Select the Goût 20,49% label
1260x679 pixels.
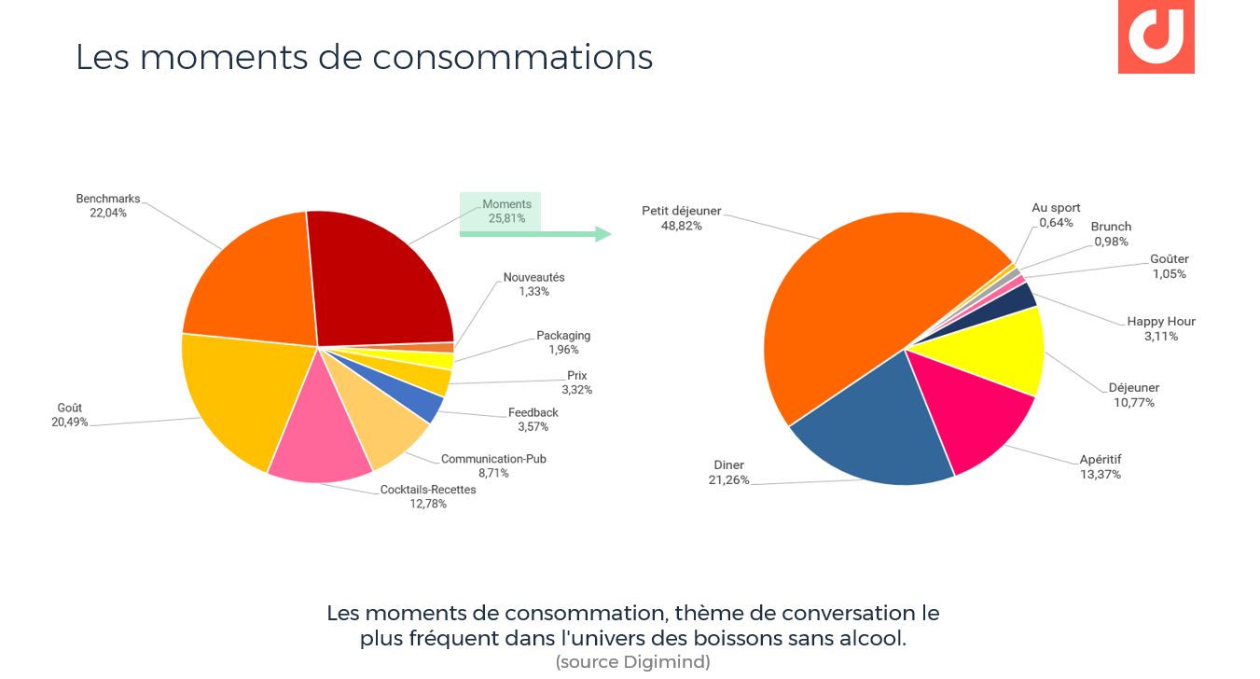coord(70,415)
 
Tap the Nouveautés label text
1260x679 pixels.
coord(533,277)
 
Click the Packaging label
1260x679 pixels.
coord(563,336)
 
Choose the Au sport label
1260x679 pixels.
coord(1056,208)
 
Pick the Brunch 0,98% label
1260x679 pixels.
coord(1111,234)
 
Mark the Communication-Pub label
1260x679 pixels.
coord(493,459)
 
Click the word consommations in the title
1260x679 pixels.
coord(512,56)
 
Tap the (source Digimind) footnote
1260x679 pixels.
coord(632,662)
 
